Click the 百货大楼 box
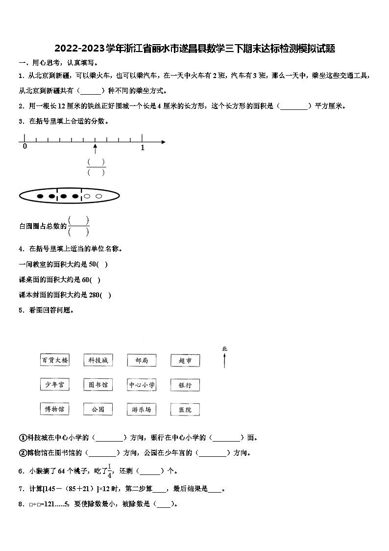54,360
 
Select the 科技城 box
98,360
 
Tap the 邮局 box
142,361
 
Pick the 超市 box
185,361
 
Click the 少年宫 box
54,385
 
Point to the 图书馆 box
98,385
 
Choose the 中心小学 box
142,385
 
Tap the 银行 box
185,385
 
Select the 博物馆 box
54,409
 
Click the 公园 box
98,409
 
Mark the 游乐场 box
142,409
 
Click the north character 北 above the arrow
224,349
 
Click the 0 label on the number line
24,147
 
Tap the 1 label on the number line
143,147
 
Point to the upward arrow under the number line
95,148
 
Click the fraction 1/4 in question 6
110,471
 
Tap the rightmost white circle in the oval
98,196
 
